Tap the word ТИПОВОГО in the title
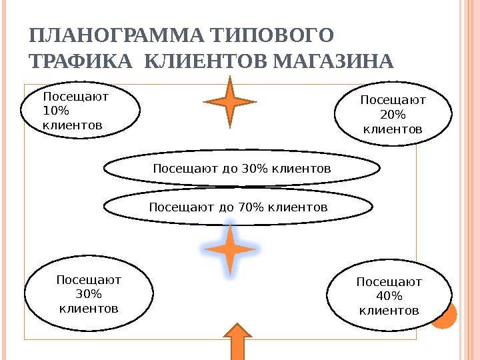(x=270, y=35)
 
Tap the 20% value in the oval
(x=393, y=113)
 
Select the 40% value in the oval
(x=389, y=296)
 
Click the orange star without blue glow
(x=230, y=101)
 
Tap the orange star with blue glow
(x=230, y=249)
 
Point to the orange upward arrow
(x=237, y=341)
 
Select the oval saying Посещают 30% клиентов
(x=89, y=294)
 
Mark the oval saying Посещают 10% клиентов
(x=81, y=110)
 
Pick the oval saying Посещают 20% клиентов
(x=393, y=113)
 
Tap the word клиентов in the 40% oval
(x=389, y=310)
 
